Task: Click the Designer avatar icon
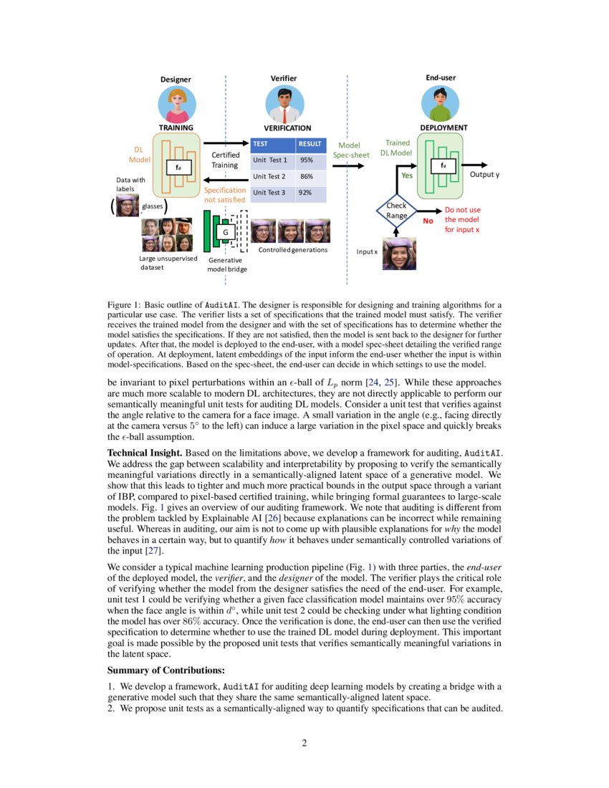coord(177,105)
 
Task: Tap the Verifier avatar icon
coord(284,105)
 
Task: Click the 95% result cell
coord(307,160)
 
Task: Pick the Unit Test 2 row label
coord(269,176)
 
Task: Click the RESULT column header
coord(310,143)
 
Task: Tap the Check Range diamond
coord(396,211)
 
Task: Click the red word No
coord(428,221)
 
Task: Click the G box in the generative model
coord(225,233)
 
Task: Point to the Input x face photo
coord(399,254)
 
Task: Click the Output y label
coord(484,175)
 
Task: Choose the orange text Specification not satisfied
coord(225,195)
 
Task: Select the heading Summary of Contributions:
coord(166,670)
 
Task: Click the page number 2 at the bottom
coord(304,743)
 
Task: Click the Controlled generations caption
coord(292,250)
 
